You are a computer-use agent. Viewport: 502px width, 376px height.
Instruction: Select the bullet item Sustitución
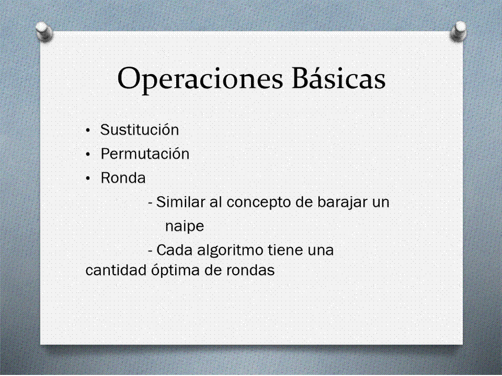pos(140,130)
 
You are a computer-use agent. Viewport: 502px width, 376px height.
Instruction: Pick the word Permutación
pos(145,154)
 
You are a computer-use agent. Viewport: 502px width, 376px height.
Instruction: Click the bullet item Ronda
pos(123,178)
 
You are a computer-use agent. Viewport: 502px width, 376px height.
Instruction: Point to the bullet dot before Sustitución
pos(88,131)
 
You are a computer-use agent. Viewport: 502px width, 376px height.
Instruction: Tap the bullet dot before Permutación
pos(88,155)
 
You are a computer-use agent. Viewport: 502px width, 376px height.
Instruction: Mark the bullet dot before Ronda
pos(88,179)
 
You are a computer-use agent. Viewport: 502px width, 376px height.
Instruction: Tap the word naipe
pos(185,227)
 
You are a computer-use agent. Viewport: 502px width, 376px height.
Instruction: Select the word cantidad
pos(116,270)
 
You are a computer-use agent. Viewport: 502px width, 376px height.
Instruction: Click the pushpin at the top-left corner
pos(44,31)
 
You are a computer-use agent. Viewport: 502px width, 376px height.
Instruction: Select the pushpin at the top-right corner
pos(459,31)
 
